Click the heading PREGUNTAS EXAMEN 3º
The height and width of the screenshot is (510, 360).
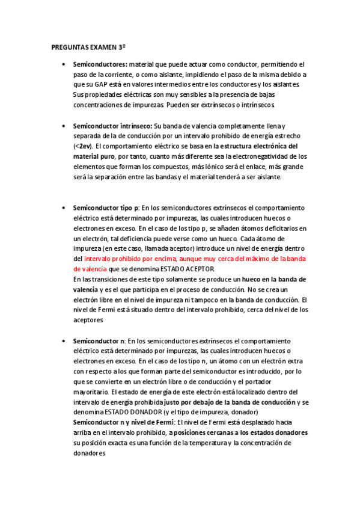[x=88, y=46]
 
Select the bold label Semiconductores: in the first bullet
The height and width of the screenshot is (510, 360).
[x=100, y=63]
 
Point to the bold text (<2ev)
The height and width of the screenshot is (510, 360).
[x=83, y=146]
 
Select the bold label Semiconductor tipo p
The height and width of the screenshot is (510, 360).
[x=106, y=207]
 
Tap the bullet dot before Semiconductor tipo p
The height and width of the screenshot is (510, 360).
[x=63, y=207]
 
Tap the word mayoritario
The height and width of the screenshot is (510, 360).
[x=91, y=392]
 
